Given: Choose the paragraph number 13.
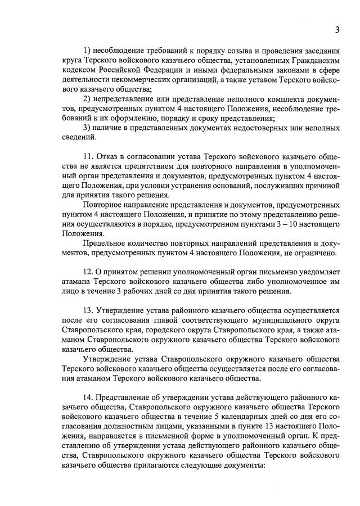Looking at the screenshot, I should click(87, 310).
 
